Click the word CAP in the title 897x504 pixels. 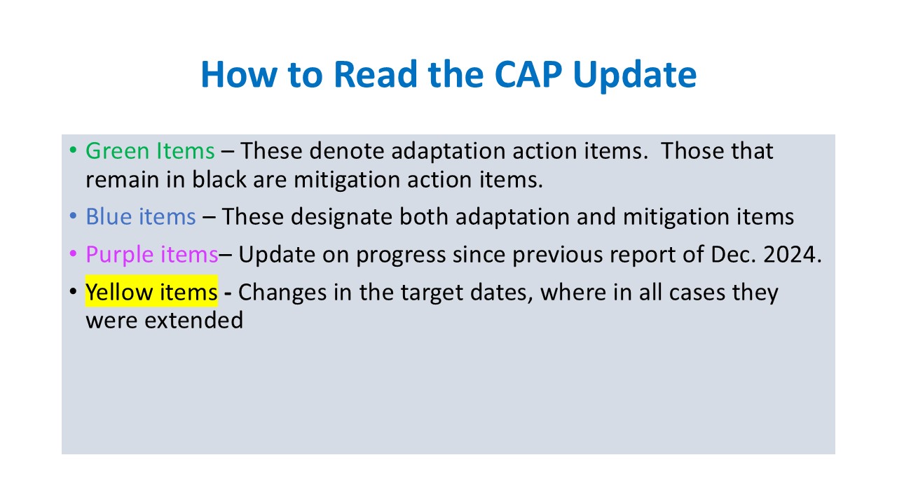coord(528,74)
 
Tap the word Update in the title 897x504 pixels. coord(635,77)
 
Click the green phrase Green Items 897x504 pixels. coord(150,151)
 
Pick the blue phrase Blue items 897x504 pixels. coord(141,217)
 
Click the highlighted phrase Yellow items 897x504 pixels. coord(151,291)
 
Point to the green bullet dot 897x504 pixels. coord(73,150)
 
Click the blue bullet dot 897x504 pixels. coord(73,216)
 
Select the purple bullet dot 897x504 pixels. coord(73,253)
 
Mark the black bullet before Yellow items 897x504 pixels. coord(73,291)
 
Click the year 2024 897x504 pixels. coord(792,254)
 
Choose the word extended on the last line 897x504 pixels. coord(194,320)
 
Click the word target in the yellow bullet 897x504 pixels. coord(432,293)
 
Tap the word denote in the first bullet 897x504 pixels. coord(346,151)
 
